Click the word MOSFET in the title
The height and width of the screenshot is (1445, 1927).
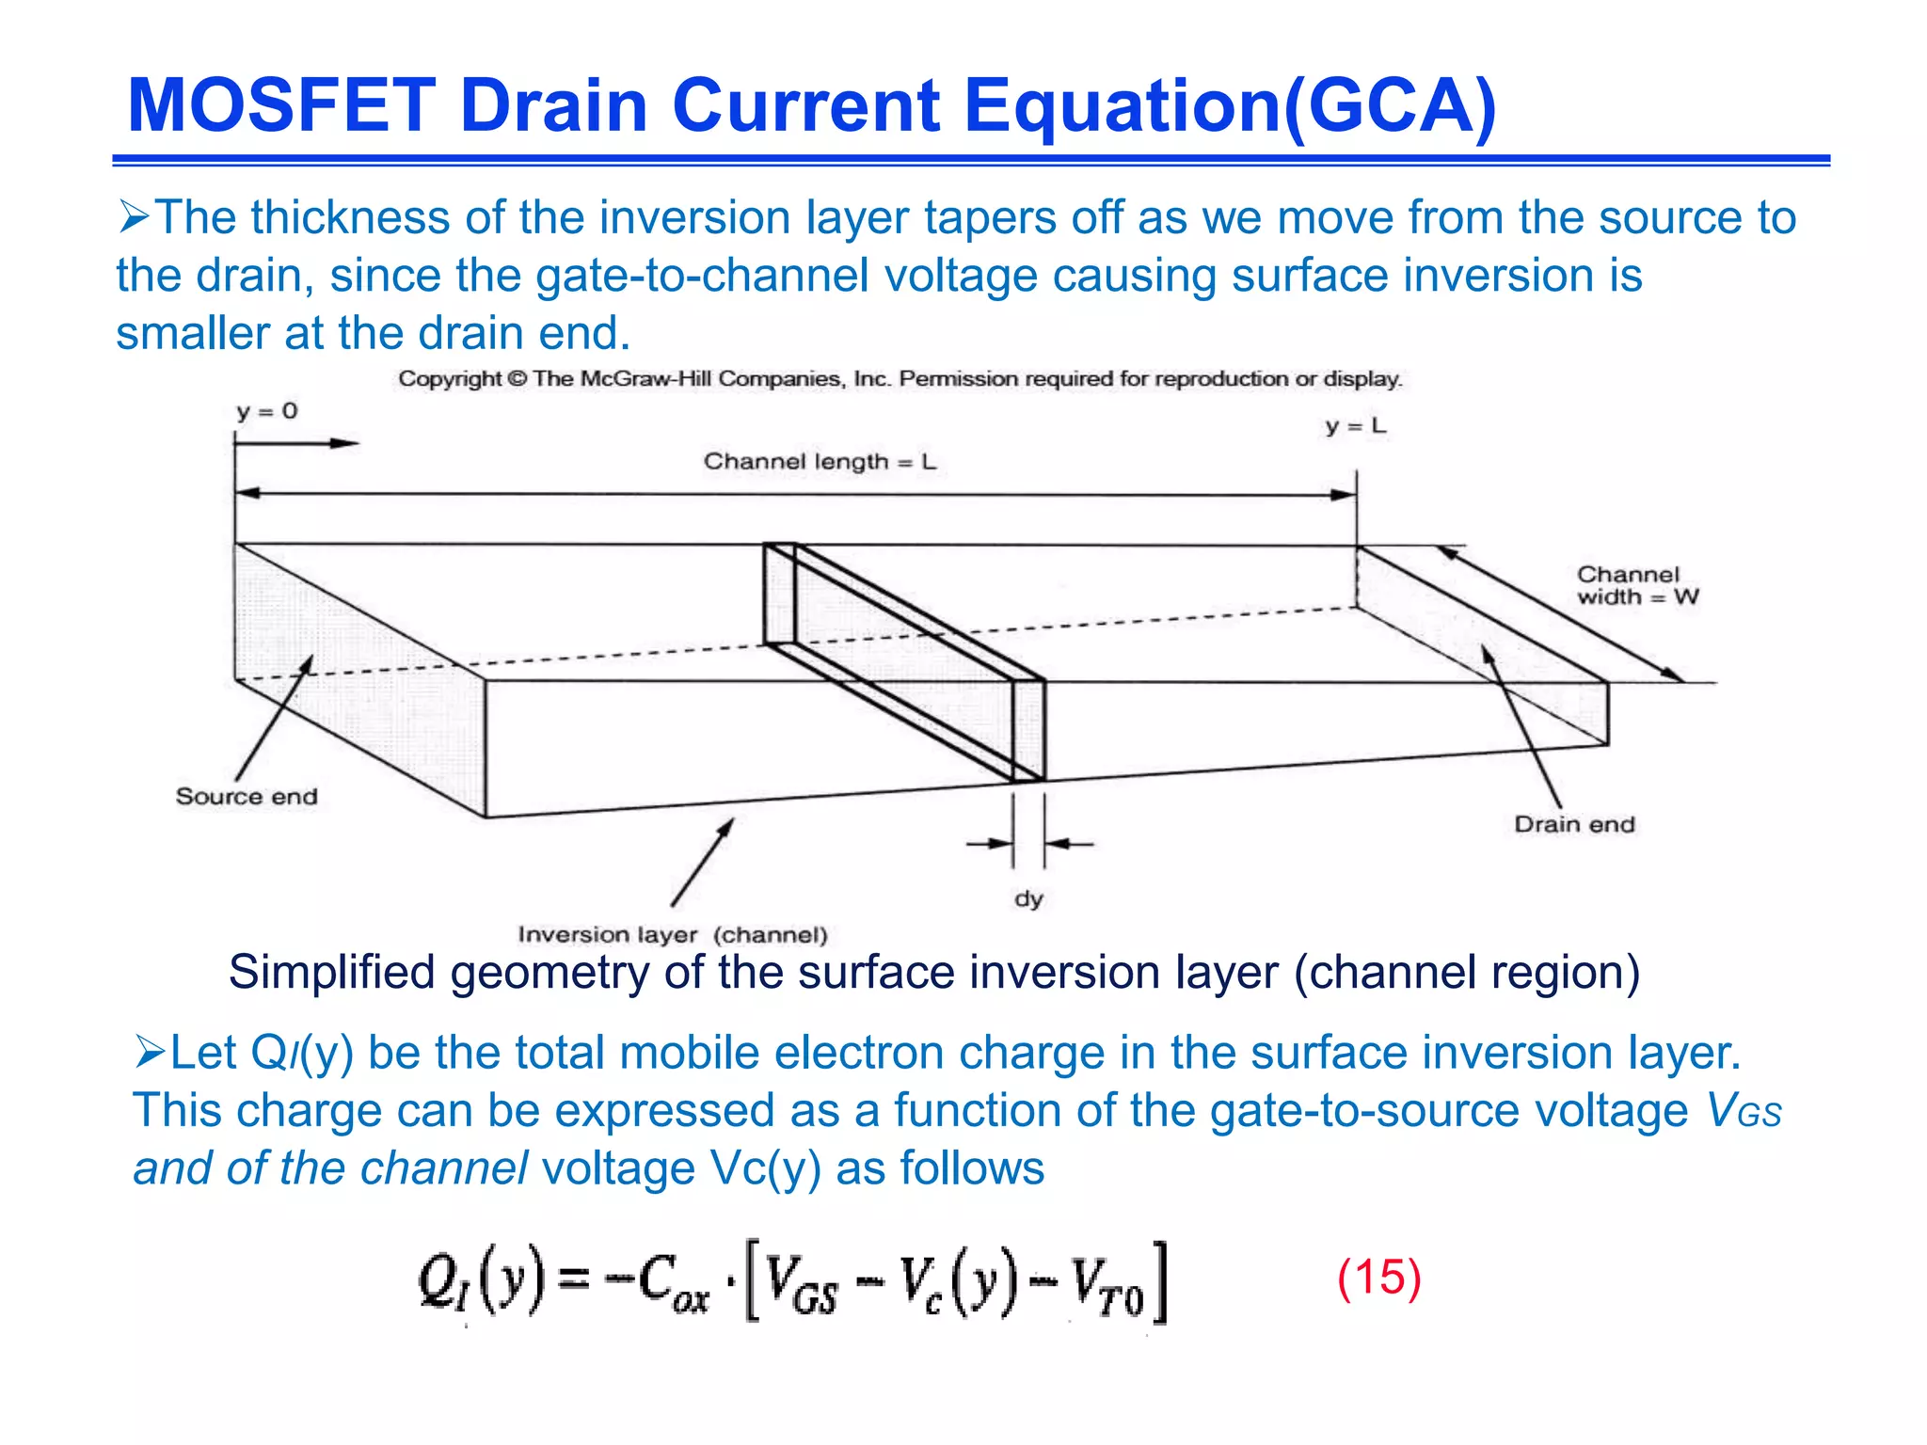(281, 105)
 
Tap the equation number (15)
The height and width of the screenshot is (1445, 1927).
(1378, 1278)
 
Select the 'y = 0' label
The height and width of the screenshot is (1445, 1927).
(266, 411)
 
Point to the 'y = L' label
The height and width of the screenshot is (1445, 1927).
(1356, 426)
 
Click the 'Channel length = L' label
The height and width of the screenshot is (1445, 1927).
(820, 462)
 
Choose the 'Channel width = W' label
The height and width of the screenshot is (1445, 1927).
(1637, 585)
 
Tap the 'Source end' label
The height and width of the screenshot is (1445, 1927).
(247, 797)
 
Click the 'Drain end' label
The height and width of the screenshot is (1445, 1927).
(1574, 824)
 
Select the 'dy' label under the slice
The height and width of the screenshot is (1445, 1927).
(1028, 898)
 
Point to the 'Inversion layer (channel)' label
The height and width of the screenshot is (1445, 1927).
(672, 934)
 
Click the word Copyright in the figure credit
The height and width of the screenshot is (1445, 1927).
(450, 379)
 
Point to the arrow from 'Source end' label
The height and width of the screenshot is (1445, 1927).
(273, 720)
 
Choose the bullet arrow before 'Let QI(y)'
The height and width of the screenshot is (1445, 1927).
(149, 1052)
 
